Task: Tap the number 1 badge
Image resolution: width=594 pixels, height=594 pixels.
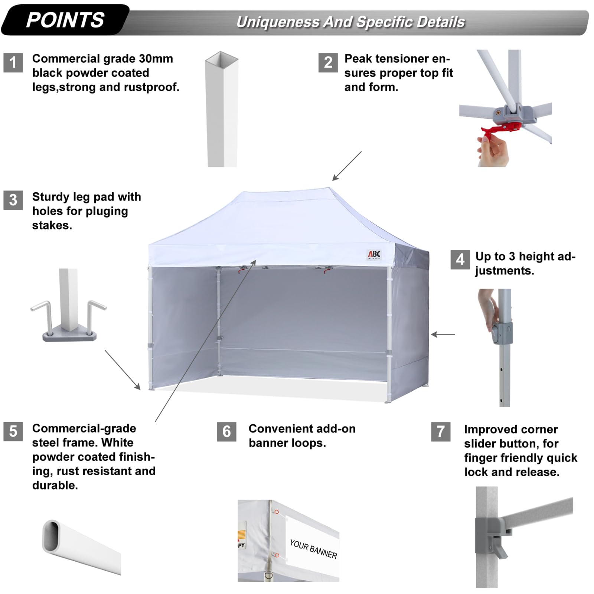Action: pos(13,62)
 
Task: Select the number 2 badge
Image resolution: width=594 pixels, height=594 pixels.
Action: pos(328,62)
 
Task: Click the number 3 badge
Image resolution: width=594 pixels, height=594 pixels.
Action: pos(13,200)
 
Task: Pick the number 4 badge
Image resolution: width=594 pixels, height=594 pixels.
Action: pos(460,259)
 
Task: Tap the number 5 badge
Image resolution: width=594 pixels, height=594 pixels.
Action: pos(13,431)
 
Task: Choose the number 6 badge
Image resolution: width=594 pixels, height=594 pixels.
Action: pos(226,431)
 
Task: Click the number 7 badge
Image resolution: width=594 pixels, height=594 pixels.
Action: pos(441,431)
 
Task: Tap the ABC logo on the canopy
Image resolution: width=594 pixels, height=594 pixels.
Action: pos(374,254)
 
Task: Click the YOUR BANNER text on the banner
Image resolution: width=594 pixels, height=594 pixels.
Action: pos(313,549)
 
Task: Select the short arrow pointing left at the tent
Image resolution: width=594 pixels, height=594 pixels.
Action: pos(443,334)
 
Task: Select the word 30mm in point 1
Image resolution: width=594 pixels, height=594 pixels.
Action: pos(156,59)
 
